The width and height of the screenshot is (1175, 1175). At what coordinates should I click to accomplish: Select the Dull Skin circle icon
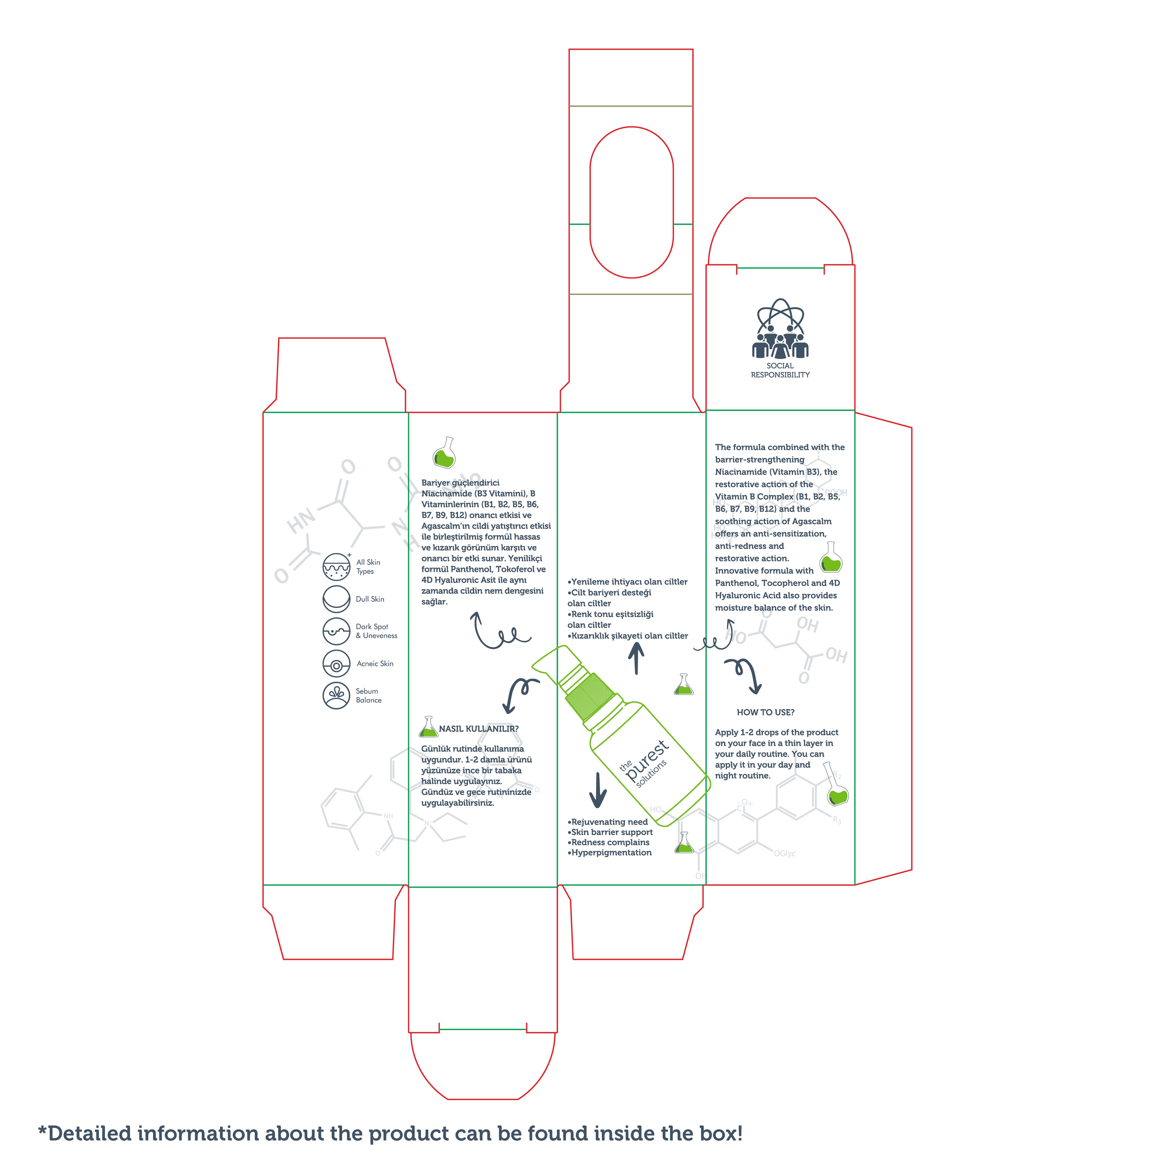(x=336, y=599)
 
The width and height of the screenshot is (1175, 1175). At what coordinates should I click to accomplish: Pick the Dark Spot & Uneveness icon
(x=336, y=631)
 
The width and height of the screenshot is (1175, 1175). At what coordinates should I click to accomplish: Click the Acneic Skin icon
(x=336, y=663)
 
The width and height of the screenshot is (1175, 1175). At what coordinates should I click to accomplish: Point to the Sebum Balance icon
(x=336, y=696)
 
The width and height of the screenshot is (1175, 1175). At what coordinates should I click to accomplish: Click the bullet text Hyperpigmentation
(x=611, y=853)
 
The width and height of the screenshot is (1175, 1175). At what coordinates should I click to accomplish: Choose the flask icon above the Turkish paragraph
(x=445, y=453)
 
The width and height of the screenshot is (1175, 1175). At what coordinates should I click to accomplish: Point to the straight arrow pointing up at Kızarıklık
(x=636, y=659)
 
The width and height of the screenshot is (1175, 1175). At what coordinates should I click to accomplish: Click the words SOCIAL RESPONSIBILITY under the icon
(x=780, y=370)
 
